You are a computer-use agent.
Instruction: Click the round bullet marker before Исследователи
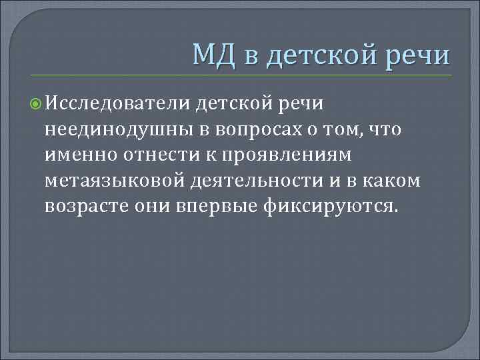coord(37,104)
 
